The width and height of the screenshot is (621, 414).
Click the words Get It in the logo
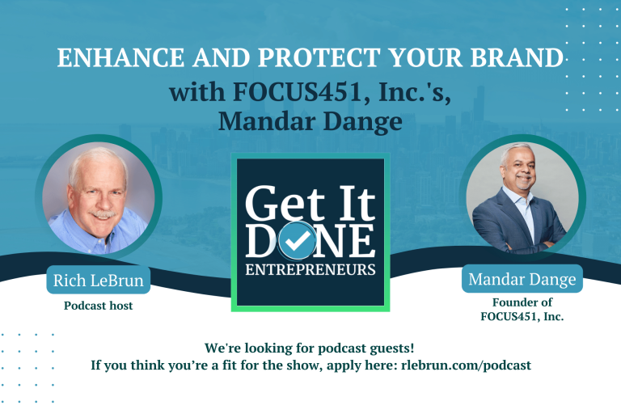(x=310, y=205)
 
